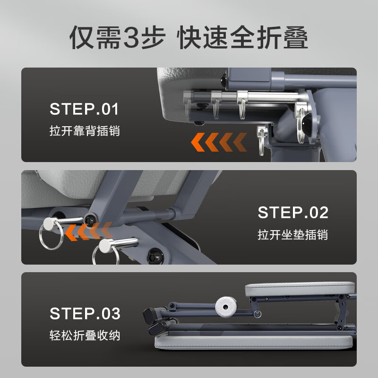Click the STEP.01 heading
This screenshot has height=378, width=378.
tap(84, 109)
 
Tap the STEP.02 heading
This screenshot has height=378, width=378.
tap(293, 212)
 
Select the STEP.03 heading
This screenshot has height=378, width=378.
tap(85, 313)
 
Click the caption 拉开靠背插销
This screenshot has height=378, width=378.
tap(85, 131)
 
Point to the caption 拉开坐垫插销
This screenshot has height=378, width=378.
tap(292, 234)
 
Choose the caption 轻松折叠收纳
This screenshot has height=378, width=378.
tap(85, 335)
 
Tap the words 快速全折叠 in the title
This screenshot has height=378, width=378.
tap(242, 37)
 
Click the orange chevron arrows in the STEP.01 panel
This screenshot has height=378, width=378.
tap(219, 142)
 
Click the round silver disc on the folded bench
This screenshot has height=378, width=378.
tap(226, 307)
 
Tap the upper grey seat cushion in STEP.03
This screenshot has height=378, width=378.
tap(300, 289)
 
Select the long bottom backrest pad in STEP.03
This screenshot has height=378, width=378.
tap(253, 342)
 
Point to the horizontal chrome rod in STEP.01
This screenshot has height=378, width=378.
tap(243, 96)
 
